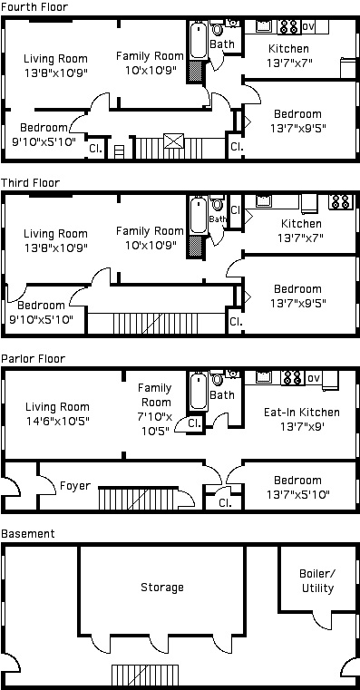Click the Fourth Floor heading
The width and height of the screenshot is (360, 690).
(x=34, y=7)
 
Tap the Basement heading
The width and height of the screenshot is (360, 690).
(x=28, y=534)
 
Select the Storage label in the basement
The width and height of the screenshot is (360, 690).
(x=162, y=588)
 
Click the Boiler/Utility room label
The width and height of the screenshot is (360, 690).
(x=317, y=581)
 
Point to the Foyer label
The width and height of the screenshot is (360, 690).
(x=75, y=486)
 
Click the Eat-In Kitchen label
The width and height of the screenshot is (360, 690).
(x=302, y=413)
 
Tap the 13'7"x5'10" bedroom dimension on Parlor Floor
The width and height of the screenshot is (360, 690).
(x=298, y=495)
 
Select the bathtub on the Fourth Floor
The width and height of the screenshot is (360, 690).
(x=199, y=41)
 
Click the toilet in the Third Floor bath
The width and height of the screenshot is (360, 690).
(x=217, y=204)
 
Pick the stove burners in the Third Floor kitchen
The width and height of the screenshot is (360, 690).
(x=341, y=201)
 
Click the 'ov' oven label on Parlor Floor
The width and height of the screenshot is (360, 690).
(x=314, y=377)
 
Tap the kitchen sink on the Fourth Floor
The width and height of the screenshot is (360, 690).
(x=264, y=25)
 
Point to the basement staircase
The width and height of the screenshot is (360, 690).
(x=145, y=675)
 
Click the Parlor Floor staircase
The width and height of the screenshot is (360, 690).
(x=137, y=499)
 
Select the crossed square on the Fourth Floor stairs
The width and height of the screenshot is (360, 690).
(x=172, y=141)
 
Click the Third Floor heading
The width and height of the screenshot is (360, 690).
(x=30, y=182)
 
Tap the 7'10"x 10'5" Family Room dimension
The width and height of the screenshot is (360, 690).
(x=154, y=423)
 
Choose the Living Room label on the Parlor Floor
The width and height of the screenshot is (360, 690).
(x=57, y=406)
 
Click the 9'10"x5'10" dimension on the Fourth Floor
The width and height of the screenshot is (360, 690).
(x=44, y=141)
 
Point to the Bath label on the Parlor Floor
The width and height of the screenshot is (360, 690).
(x=222, y=394)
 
